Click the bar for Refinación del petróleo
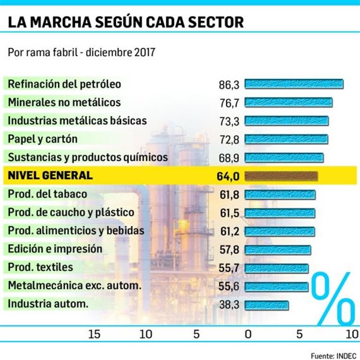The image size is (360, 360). coord(294,84)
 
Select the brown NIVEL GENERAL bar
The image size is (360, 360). coord(281,176)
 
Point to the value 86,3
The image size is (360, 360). coord(229,85)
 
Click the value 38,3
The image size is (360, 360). coord(229,305)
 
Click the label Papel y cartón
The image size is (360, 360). coord(43,139)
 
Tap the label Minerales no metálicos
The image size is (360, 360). coord(64,102)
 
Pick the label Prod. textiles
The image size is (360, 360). coord(41,267)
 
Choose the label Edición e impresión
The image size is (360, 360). coord(55,249)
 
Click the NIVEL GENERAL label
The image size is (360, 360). coord(50,176)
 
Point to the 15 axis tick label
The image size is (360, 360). coord(95,334)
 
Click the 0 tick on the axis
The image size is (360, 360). coord(248,334)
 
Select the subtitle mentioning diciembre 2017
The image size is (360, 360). coord(82,52)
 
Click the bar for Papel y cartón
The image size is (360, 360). coord(286,139)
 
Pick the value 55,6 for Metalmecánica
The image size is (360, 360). coord(229,286)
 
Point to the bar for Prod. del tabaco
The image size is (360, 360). coord(280,194)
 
